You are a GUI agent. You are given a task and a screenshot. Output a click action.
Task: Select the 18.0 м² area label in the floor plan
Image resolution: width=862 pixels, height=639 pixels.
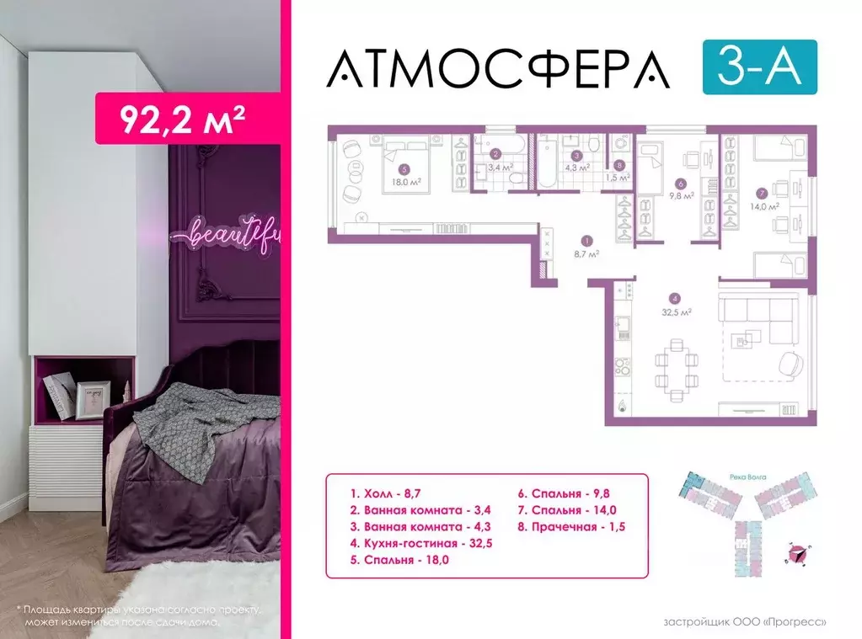[x=404, y=180]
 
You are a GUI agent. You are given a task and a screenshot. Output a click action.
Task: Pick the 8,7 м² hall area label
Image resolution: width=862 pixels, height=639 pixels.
[x=587, y=253]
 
